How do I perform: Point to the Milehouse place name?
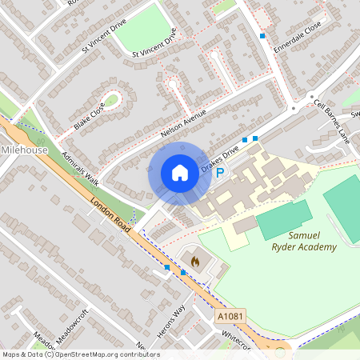25,150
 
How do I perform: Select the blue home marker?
180,173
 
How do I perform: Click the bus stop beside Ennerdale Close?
262,35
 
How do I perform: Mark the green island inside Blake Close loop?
111,101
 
